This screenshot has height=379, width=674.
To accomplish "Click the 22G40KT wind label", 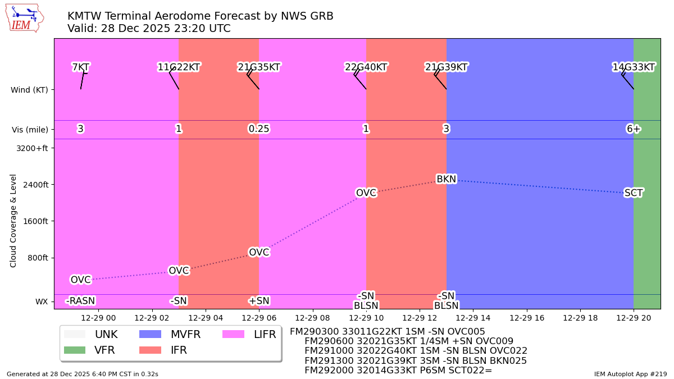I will (366, 67).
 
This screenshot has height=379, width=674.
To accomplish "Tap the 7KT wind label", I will (80, 67).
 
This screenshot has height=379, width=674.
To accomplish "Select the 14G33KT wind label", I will (633, 67).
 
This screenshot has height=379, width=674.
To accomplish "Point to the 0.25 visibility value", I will (259, 129).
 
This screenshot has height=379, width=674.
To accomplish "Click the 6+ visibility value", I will (633, 129).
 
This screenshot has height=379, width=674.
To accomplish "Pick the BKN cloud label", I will (446, 179).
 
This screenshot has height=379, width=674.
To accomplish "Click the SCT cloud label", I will (633, 193).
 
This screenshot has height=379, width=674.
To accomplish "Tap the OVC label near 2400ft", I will (366, 193).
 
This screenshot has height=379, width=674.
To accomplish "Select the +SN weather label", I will (259, 301).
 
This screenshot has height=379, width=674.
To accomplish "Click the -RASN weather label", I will (80, 301).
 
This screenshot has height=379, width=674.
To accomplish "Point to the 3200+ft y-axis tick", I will (33, 148).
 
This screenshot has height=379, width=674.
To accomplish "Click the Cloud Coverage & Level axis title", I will (13, 220).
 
